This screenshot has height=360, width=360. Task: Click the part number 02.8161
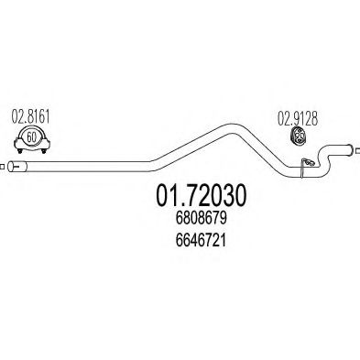coord(30,116)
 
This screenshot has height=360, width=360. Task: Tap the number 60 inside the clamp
coord(31,137)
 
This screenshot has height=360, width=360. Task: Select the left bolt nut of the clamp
coord(20,151)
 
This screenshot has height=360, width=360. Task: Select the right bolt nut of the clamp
coord(44,151)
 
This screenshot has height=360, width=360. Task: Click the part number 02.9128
coord(298,118)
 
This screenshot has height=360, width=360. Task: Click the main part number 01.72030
coord(201,195)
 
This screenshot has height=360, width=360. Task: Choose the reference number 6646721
coord(201,240)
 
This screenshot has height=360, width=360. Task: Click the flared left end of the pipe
coord(17,167)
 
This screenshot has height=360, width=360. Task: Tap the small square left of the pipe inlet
coord(2,167)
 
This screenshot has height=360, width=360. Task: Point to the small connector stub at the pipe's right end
coord(357,150)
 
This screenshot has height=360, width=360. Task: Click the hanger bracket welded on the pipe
coord(309,162)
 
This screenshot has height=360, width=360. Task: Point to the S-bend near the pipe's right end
coord(323,158)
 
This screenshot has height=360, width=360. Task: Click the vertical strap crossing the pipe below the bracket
coord(302,169)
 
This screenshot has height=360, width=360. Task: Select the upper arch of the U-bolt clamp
coord(31,127)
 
